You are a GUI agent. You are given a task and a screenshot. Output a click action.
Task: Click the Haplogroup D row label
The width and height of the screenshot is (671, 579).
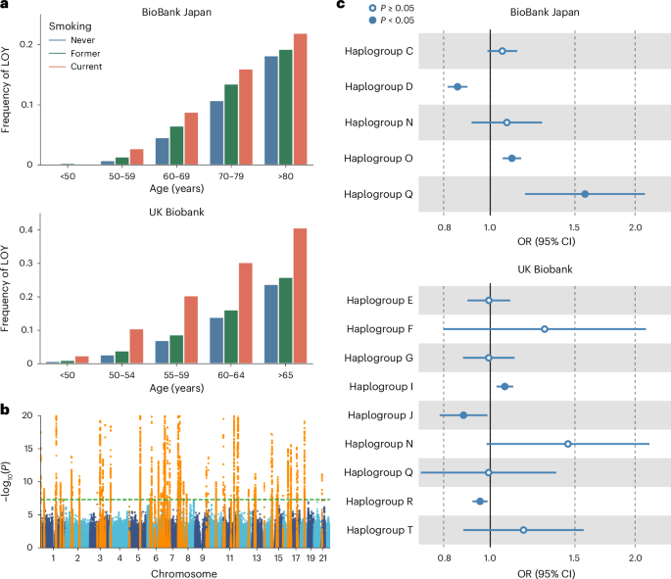click(x=379, y=86)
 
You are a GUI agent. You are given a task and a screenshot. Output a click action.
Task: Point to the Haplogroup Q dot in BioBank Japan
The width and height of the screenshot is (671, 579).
click(x=585, y=194)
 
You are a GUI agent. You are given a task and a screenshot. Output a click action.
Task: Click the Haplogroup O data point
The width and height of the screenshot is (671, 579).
click(x=511, y=158)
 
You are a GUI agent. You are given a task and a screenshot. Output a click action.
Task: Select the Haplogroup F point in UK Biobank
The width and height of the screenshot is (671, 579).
click(x=545, y=329)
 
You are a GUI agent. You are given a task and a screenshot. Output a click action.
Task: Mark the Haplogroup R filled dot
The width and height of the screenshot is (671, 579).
click(x=480, y=501)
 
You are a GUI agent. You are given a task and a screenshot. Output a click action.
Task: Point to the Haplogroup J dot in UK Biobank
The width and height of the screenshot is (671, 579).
click(x=463, y=415)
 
